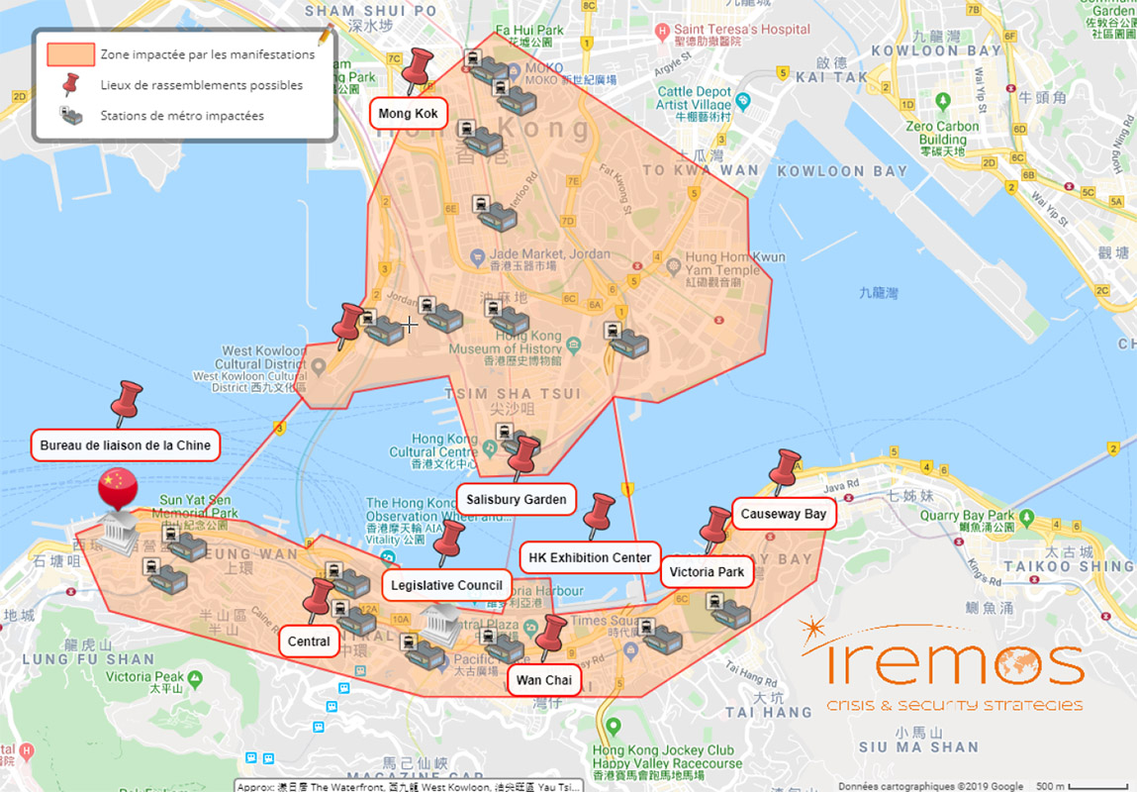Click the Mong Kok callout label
(408, 114)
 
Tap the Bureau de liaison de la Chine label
(126, 445)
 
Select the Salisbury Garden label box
(517, 499)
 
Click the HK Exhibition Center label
(590, 557)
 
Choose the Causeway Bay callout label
(784, 515)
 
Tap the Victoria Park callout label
(707, 571)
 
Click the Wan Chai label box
(543, 680)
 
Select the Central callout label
(309, 642)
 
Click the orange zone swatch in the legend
(70, 54)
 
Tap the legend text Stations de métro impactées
(182, 116)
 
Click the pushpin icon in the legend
(70, 85)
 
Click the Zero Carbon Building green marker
(942, 101)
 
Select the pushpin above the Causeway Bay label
(787, 470)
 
